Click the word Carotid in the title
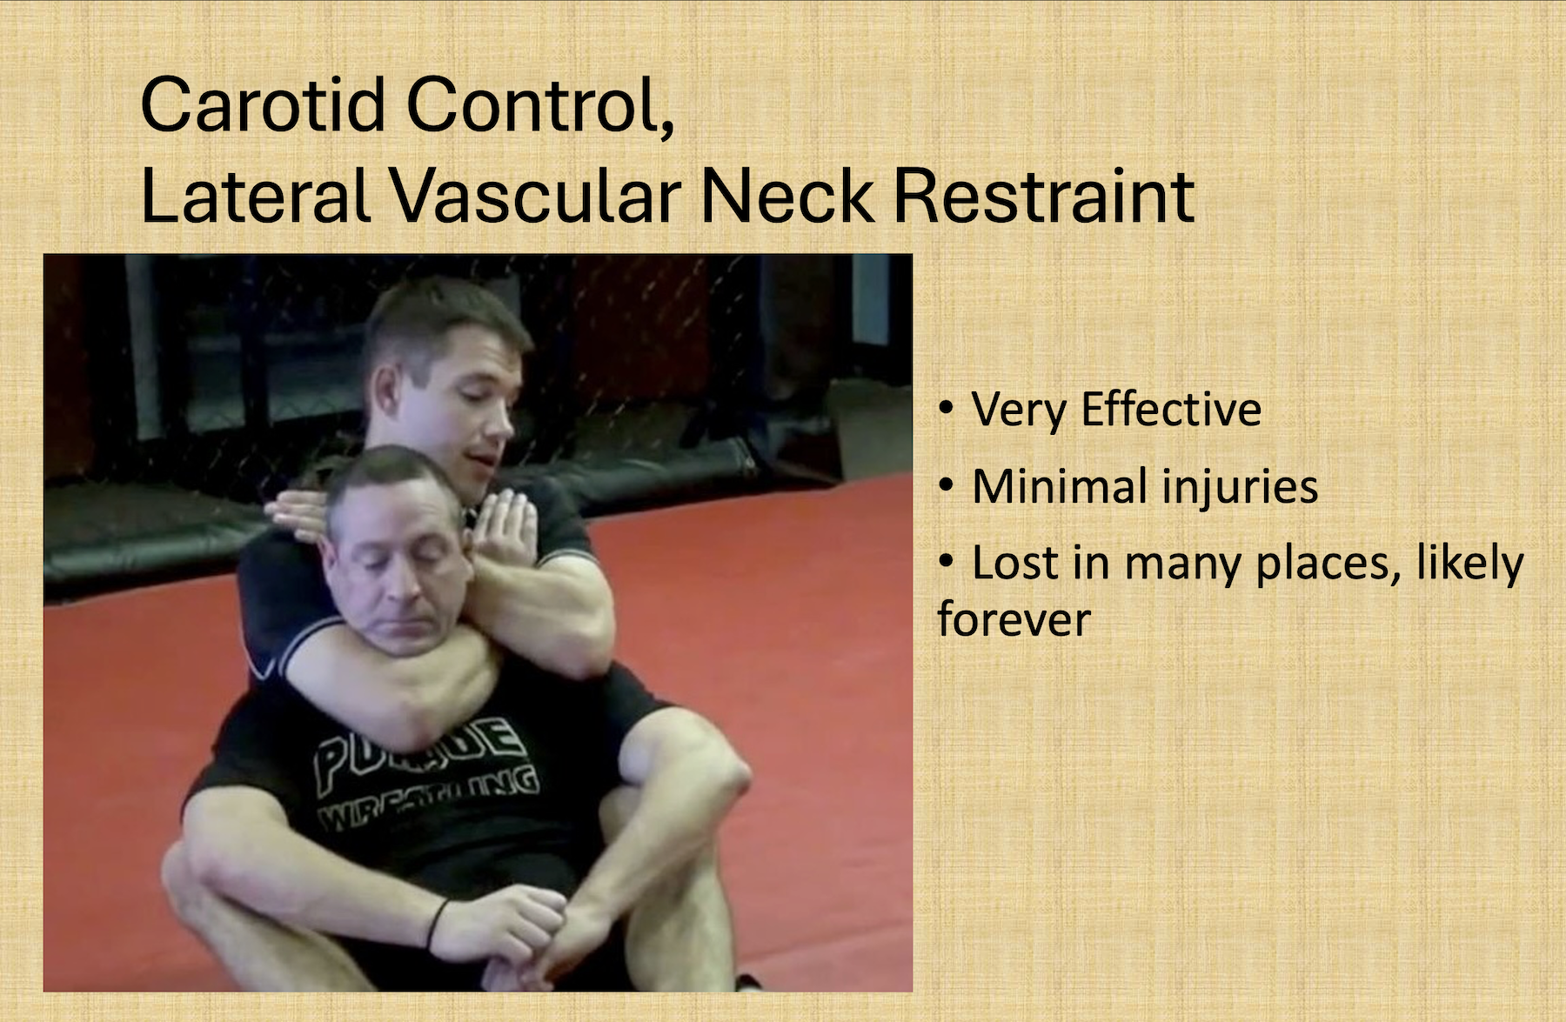pos(262,104)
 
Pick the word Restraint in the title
pos(1044,197)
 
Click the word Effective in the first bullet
pos(1170,409)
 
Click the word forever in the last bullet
pos(1014,619)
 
